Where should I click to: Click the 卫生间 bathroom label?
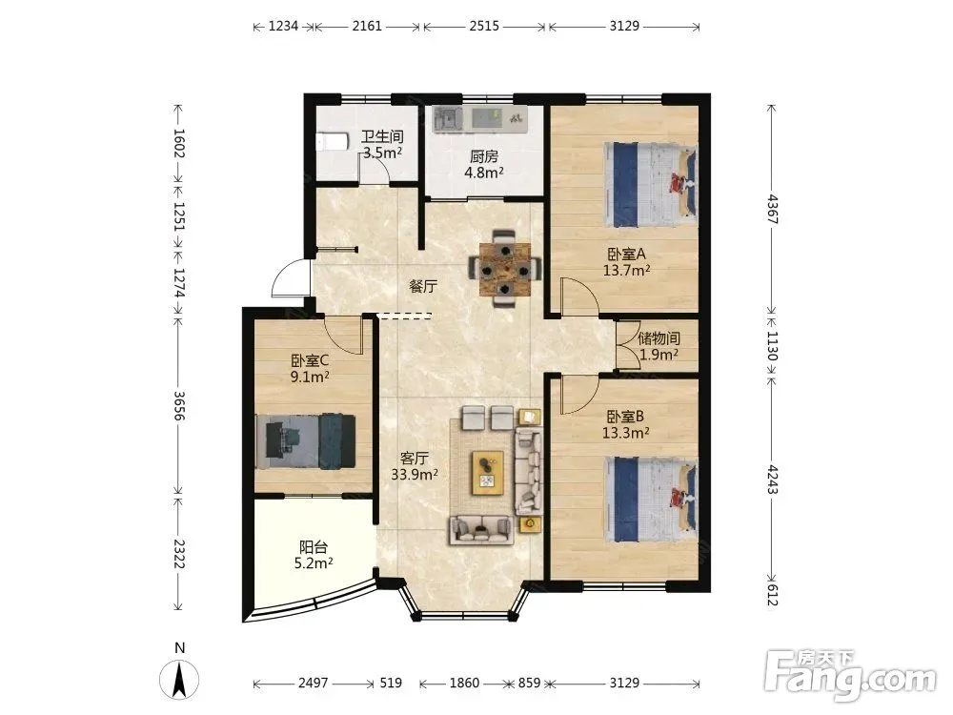click(382, 136)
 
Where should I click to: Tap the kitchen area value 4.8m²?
click(484, 173)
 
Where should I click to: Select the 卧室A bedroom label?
click(626, 254)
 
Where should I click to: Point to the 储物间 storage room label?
click(659, 338)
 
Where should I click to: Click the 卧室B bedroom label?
click(625, 417)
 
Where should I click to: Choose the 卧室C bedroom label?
click(310, 360)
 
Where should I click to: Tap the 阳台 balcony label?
click(313, 547)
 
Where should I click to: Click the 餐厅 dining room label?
click(423, 286)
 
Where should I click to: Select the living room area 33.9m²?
click(415, 474)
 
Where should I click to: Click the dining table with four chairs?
click(504, 268)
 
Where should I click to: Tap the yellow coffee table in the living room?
click(487, 473)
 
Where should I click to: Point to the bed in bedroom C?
click(306, 440)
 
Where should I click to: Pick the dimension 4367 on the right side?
click(772, 209)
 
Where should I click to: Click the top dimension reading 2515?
click(484, 26)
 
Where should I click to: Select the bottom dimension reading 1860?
click(464, 683)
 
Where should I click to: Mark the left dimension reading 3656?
click(179, 405)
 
